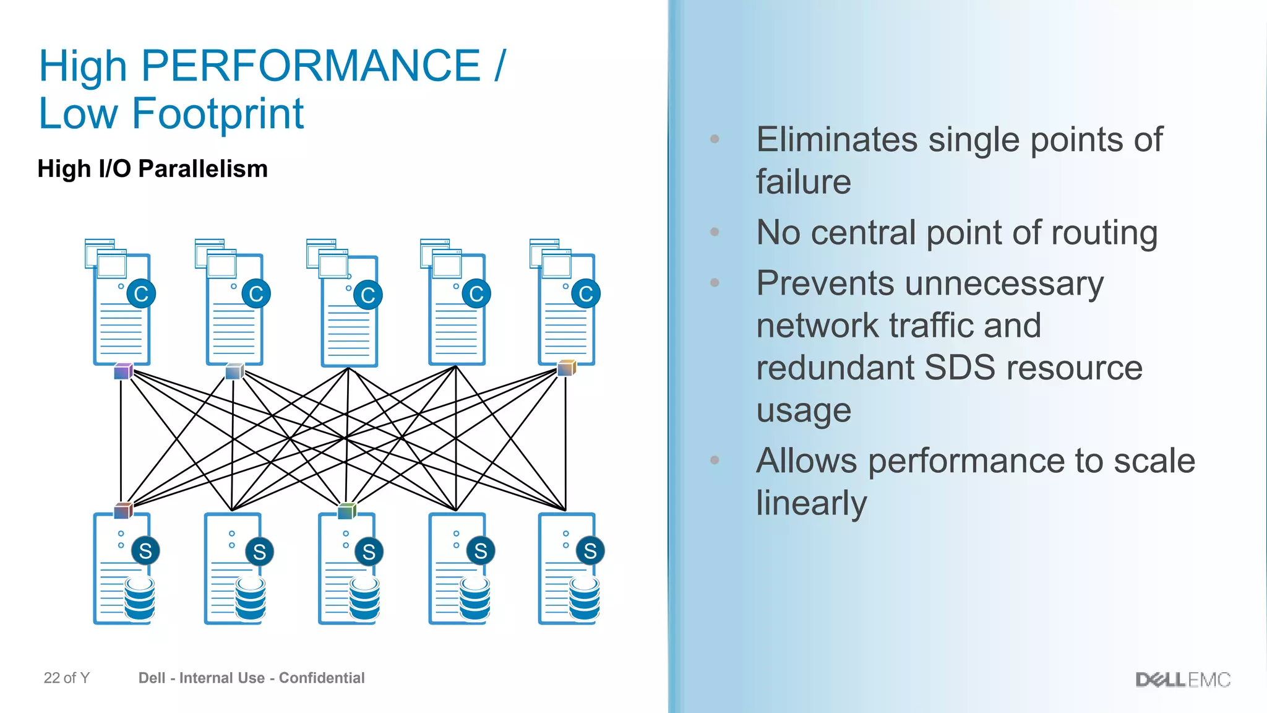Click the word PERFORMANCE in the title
click(311, 66)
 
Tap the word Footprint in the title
click(218, 114)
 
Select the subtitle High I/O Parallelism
click(152, 169)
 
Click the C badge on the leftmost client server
click(141, 294)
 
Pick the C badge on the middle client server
click(368, 295)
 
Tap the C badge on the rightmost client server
click(586, 294)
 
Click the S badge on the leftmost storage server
click(145, 551)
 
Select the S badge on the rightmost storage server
click(590, 551)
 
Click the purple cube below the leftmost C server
click(123, 371)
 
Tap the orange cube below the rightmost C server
click(567, 368)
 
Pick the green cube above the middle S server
click(347, 511)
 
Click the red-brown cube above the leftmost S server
click(123, 511)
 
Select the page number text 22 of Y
click(67, 678)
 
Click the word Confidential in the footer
click(322, 678)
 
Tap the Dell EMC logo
click(1183, 680)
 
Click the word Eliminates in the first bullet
click(836, 140)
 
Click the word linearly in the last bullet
click(811, 503)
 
